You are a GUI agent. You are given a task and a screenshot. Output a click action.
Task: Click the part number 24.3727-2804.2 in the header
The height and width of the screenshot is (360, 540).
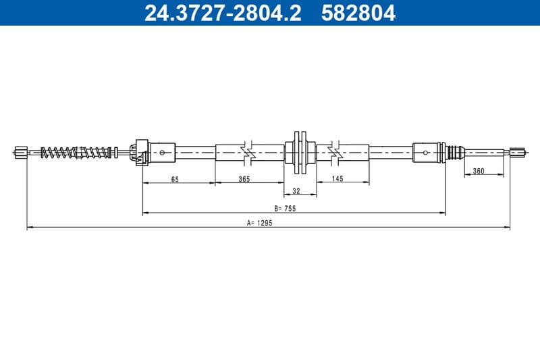click(x=223, y=13)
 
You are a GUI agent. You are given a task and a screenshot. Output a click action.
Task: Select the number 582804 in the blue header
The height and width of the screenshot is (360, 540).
click(x=358, y=13)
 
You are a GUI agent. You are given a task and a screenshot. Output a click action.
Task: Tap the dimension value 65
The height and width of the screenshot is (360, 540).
click(x=175, y=179)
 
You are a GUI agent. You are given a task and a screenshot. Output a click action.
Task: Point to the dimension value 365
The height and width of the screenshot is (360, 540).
click(x=244, y=179)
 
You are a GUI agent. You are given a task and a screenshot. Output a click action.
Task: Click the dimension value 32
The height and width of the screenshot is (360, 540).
click(x=296, y=191)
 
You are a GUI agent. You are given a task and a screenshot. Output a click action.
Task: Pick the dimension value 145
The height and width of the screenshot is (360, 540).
click(x=337, y=178)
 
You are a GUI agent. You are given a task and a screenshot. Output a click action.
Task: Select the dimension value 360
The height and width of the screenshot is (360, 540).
click(x=479, y=171)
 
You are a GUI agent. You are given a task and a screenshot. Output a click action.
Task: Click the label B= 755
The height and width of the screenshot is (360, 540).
click(x=285, y=209)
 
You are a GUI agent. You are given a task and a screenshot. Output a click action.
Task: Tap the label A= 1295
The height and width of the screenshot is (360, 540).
click(x=260, y=223)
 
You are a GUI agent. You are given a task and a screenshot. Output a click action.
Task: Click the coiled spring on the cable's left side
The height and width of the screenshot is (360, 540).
click(x=76, y=152)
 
